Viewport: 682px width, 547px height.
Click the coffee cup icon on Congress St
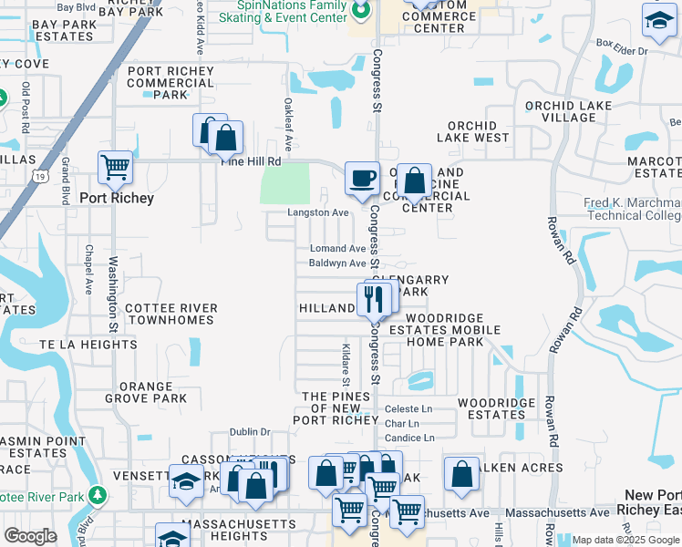tap(362, 177)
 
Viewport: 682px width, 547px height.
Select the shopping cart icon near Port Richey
tap(116, 167)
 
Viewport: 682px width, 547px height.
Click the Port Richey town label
tap(117, 198)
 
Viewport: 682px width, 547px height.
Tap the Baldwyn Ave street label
tap(336, 263)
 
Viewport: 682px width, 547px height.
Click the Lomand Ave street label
tap(337, 248)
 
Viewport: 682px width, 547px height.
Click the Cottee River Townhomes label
tap(171, 315)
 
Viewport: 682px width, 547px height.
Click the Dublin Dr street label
tap(250, 432)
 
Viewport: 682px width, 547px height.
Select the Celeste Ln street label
tap(408, 409)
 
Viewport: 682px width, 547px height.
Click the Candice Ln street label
tap(409, 439)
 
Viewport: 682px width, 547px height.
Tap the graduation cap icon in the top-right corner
tap(657, 19)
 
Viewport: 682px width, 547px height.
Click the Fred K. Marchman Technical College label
tap(633, 209)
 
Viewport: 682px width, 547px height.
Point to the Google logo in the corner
tap(30, 536)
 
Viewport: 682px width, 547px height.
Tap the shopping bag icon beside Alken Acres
tap(462, 473)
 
